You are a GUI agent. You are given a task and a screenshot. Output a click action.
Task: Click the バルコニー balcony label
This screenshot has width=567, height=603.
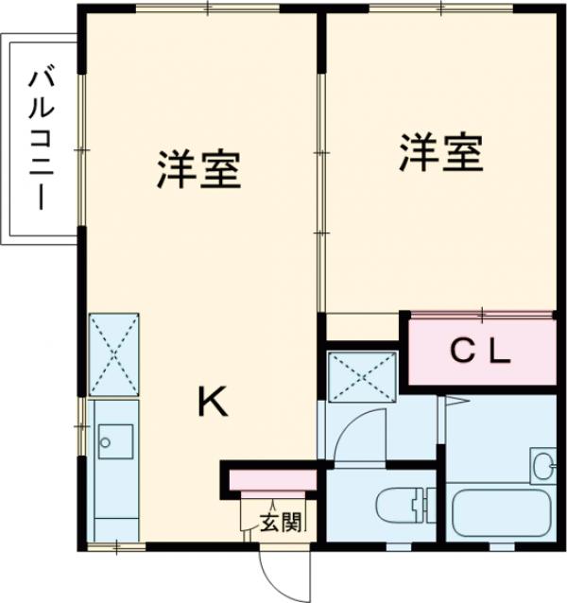tap(41, 139)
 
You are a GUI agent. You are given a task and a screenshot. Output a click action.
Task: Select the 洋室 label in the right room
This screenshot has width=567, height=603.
tap(441, 154)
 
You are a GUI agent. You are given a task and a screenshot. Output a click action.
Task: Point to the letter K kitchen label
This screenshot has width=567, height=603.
tap(212, 404)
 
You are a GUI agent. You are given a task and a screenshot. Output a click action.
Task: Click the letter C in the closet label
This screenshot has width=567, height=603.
tap(460, 353)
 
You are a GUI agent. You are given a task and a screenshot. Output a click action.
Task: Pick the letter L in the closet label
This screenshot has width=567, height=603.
tap(500, 353)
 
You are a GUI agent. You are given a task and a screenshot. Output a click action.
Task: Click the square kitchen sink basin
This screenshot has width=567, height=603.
tap(114, 439)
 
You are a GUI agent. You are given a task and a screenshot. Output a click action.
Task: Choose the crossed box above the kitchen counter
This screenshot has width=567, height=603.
tap(113, 354)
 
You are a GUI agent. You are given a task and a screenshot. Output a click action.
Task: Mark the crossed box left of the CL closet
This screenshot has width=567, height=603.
tap(362, 374)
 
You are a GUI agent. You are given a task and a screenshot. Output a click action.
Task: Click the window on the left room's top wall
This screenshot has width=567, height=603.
tap(208, 9)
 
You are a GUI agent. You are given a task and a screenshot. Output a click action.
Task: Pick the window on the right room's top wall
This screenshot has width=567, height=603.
tap(441, 9)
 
